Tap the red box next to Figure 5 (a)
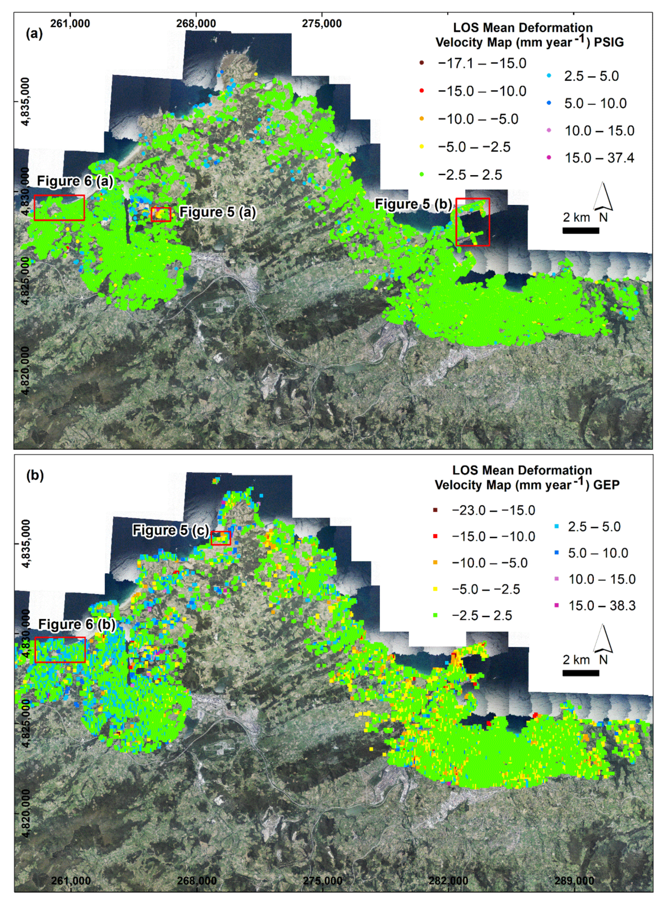(161, 214)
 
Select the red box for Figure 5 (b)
(473, 222)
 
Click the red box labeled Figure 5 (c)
(221, 538)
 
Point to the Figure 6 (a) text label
(75, 181)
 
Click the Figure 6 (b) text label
(77, 624)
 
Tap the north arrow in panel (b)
(603, 639)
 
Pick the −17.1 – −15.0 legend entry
(482, 63)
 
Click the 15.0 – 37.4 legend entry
(599, 158)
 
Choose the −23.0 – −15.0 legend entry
(493, 510)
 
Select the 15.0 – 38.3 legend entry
(602, 605)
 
